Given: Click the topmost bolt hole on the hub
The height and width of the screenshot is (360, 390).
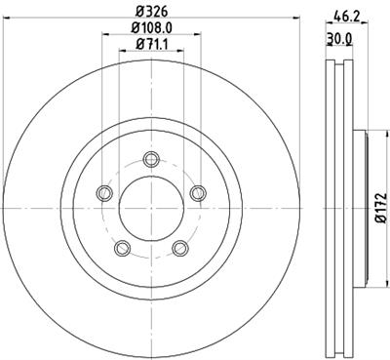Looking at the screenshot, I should [x=149, y=159].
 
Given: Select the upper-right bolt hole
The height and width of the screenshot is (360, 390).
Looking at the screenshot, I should [x=197, y=193].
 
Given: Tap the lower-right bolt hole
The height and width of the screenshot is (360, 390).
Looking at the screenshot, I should [x=179, y=249].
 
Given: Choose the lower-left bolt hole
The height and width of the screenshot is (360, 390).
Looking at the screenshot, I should [x=120, y=249].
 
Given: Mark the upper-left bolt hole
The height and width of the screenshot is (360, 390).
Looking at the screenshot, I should [x=102, y=193].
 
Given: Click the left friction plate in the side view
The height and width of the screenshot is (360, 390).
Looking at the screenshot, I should [x=328, y=208].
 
